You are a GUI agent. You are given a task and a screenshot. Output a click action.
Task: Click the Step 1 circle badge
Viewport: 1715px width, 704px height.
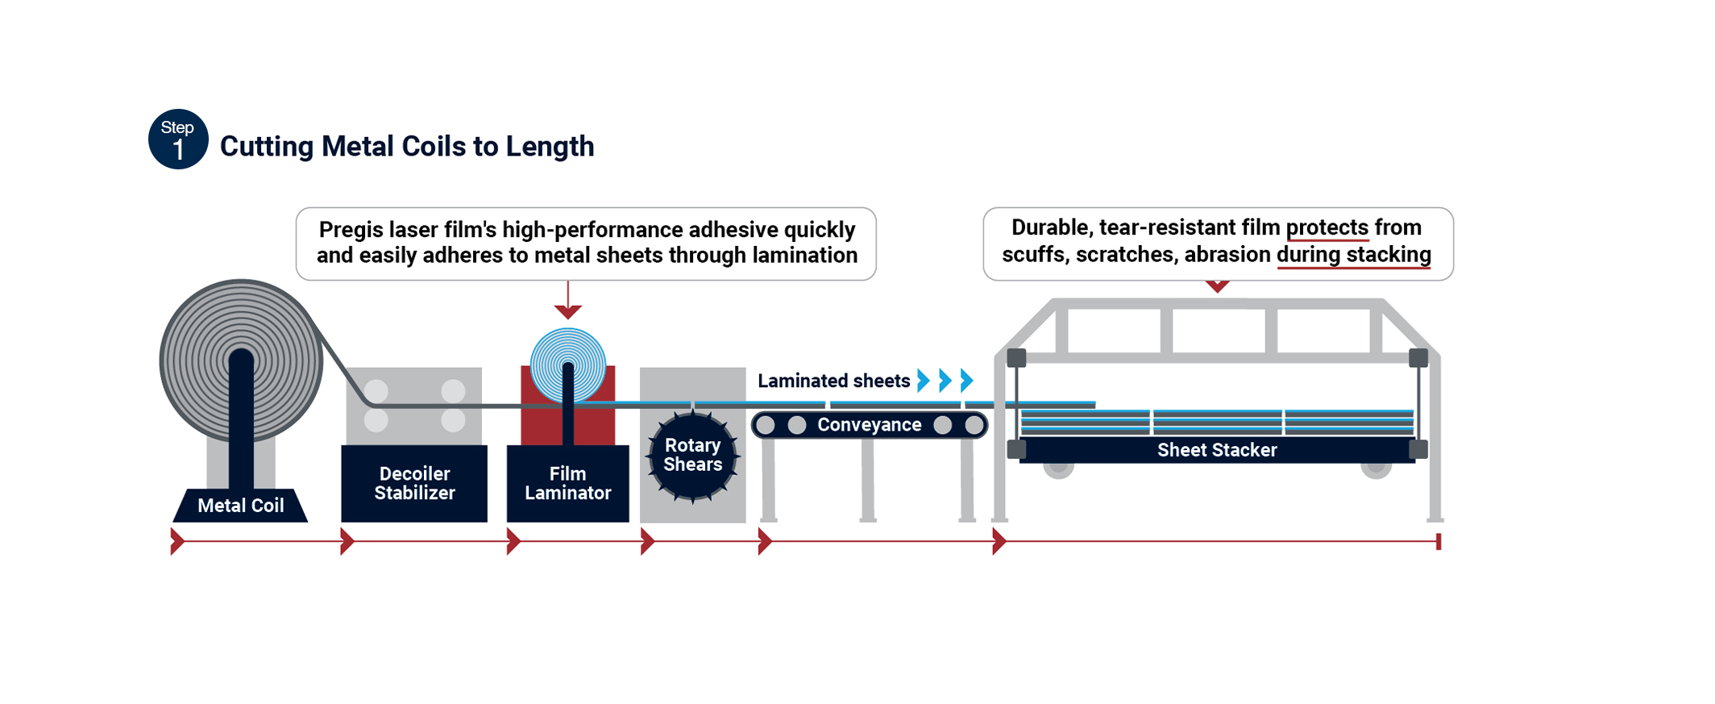[178, 140]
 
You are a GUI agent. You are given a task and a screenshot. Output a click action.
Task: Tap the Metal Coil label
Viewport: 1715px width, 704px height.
[240, 506]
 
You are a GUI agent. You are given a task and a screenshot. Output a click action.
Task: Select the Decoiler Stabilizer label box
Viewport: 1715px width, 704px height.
[414, 483]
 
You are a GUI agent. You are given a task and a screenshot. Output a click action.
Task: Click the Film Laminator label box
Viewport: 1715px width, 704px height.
[567, 483]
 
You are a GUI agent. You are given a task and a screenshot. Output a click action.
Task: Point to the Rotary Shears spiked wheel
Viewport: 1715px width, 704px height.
[692, 456]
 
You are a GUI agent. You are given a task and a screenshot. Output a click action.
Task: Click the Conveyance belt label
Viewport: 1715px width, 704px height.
[869, 425]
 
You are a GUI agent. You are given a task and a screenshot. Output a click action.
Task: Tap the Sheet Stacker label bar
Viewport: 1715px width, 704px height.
[1216, 450]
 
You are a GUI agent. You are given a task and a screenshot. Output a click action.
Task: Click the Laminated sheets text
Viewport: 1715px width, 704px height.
[833, 381]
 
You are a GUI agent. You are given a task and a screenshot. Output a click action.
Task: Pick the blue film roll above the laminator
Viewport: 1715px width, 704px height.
[567, 365]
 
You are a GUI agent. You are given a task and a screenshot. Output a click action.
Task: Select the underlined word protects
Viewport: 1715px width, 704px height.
[1327, 228]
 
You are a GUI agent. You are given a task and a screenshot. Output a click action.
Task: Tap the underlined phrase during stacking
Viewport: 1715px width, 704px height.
[1353, 255]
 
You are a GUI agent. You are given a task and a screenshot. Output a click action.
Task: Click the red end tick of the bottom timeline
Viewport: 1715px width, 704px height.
[1438, 541]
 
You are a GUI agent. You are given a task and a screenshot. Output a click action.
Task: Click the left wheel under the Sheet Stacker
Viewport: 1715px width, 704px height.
[1058, 468]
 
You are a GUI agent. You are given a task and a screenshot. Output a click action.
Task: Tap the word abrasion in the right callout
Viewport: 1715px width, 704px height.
[1227, 255]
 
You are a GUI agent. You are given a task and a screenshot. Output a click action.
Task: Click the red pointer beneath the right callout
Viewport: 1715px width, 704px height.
[1217, 285]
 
